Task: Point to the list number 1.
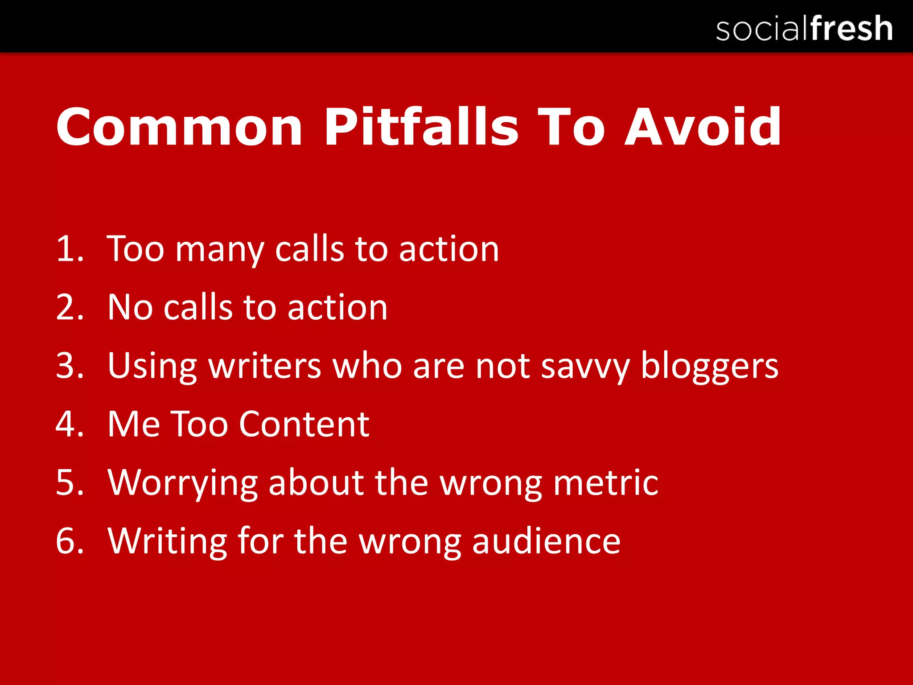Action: point(70,249)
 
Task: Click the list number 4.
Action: point(70,424)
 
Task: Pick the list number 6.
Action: point(70,541)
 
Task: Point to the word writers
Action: point(265,366)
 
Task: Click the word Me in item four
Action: point(134,424)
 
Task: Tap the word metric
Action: point(606,483)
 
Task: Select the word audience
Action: point(546,541)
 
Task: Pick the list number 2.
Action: point(70,307)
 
